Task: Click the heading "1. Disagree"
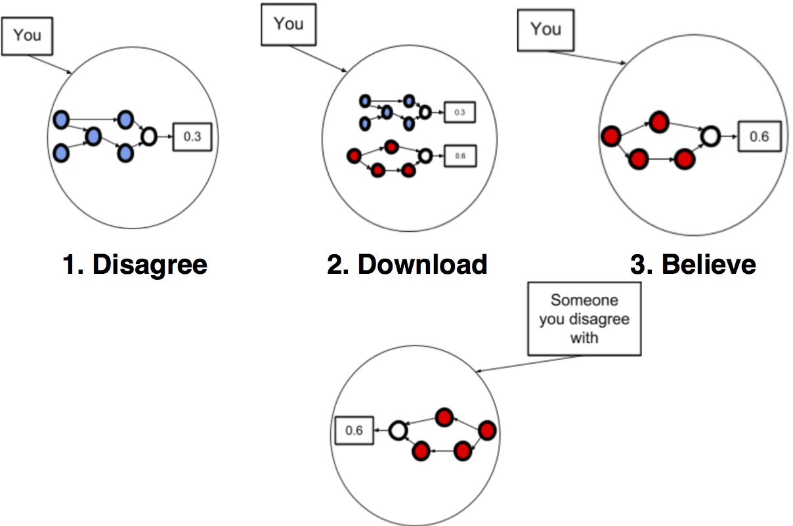[x=135, y=264]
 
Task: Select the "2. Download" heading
[x=407, y=264]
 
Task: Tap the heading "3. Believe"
[x=693, y=264]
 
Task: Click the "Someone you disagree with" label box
[x=584, y=318]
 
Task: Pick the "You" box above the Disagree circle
[x=28, y=35]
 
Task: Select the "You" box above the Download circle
[x=288, y=25]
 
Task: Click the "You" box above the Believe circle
[x=546, y=30]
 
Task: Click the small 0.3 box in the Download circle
[x=459, y=113]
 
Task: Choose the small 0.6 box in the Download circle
[x=459, y=156]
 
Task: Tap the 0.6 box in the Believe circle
[x=760, y=137]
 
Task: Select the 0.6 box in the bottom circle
[x=354, y=431]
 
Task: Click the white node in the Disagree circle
[x=149, y=137]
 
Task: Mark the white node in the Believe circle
[x=710, y=137]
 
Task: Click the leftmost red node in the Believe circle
[x=611, y=137]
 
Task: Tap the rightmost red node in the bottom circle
[x=487, y=431]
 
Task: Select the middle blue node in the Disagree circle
[x=93, y=137]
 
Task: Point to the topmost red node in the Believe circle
[x=659, y=121]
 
